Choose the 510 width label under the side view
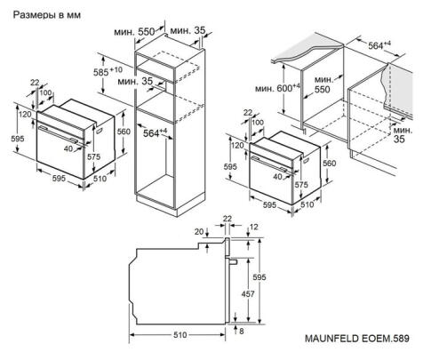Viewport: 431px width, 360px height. pyautogui.click(x=180, y=337)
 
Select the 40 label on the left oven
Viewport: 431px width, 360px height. pyautogui.click(x=68, y=148)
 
